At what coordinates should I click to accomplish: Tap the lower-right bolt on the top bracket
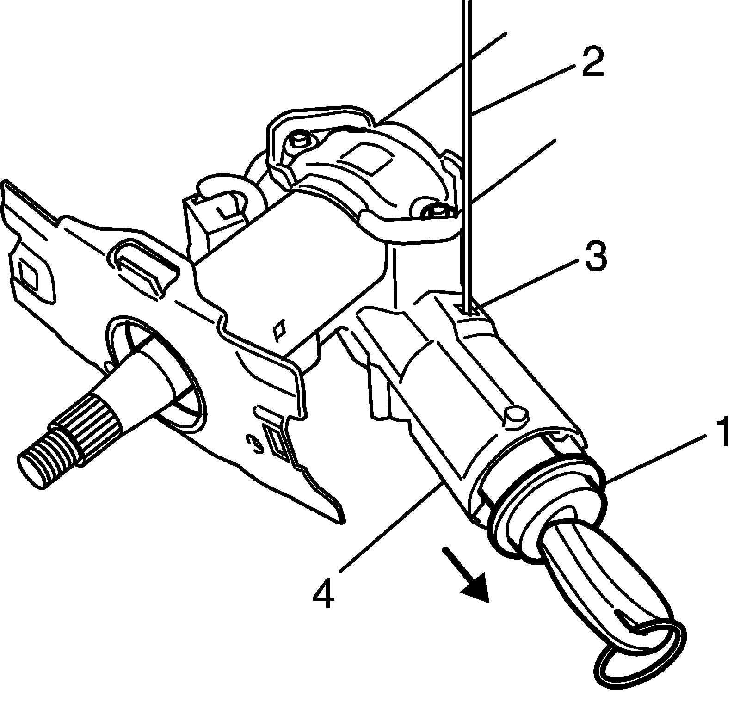pyautogui.click(x=435, y=212)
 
